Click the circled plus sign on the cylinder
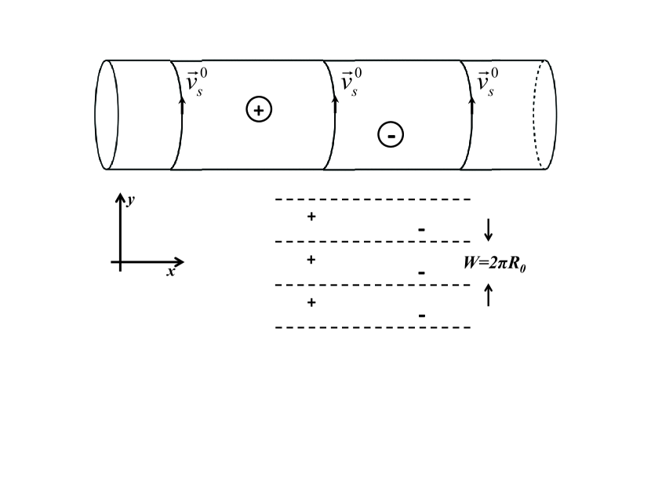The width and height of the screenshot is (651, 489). [x=259, y=110]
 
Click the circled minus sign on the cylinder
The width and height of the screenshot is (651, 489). [x=391, y=134]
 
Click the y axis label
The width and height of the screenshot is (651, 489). [x=131, y=200]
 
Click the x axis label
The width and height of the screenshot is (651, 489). [x=170, y=272]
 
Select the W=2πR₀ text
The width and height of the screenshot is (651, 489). [x=494, y=262]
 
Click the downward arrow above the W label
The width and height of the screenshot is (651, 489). [x=489, y=229]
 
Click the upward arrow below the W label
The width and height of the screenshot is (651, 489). [x=489, y=295]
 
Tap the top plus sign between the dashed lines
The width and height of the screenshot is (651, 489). [x=311, y=216]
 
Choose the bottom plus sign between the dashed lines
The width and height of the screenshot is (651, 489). [x=311, y=302]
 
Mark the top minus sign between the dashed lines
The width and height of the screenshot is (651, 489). [x=422, y=230]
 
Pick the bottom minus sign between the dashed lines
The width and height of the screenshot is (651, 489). [x=422, y=316]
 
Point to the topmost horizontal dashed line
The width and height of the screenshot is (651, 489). [x=373, y=199]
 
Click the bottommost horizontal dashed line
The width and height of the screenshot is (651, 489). [x=373, y=327]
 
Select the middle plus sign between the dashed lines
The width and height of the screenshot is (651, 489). [x=311, y=259]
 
